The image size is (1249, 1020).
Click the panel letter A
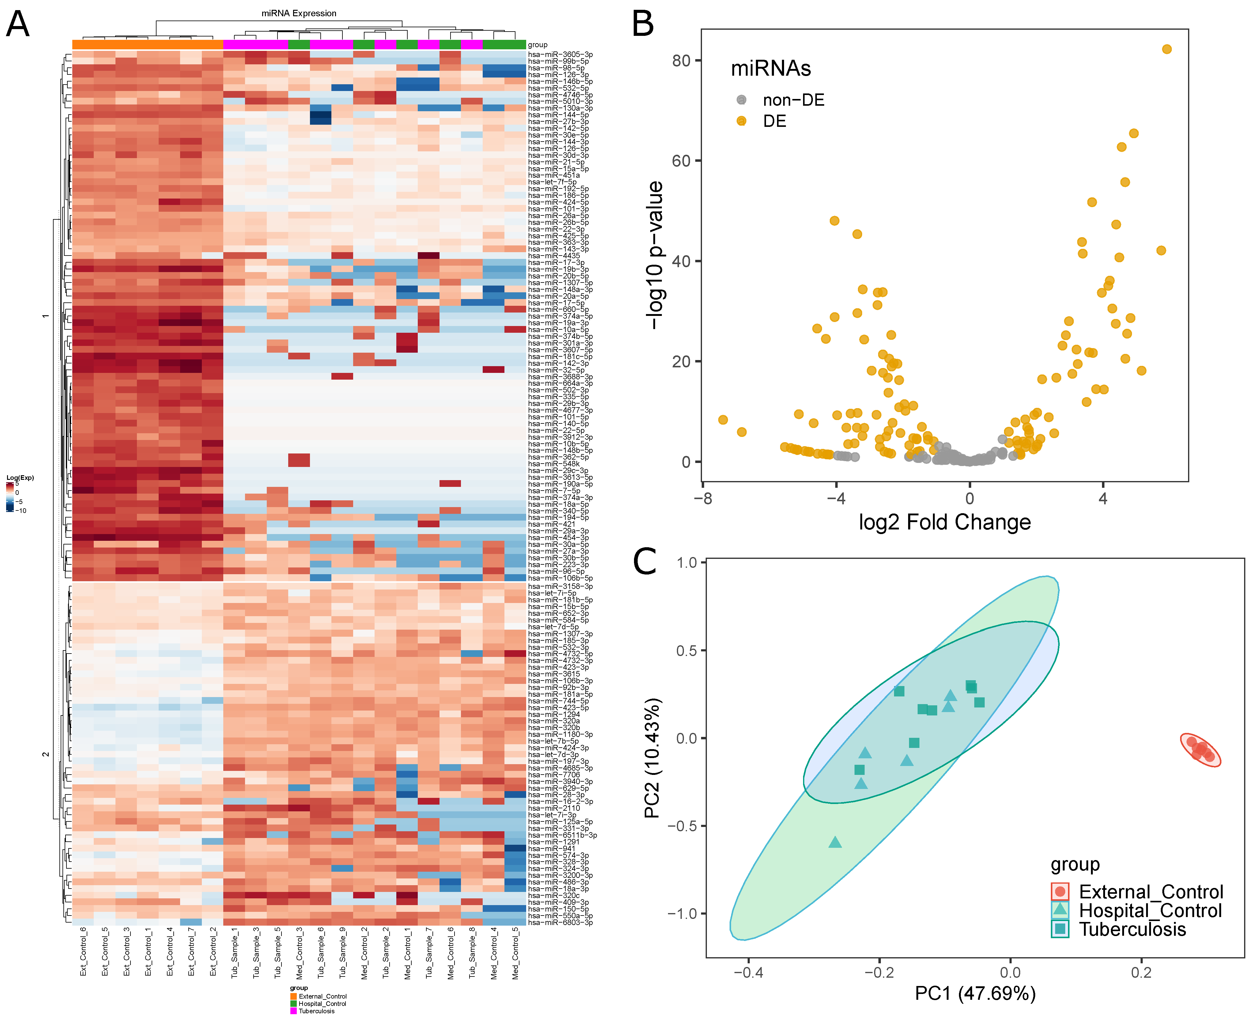click(18, 25)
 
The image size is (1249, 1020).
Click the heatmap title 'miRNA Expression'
click(299, 13)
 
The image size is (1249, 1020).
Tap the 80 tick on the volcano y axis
click(681, 61)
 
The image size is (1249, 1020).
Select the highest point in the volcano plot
click(1166, 49)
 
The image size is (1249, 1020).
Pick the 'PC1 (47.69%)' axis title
click(975, 993)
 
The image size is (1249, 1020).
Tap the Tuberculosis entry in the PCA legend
click(1132, 929)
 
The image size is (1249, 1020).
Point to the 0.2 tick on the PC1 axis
click(1141, 973)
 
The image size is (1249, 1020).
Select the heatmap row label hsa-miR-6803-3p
click(560, 923)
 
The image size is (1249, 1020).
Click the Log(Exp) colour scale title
click(20, 478)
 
